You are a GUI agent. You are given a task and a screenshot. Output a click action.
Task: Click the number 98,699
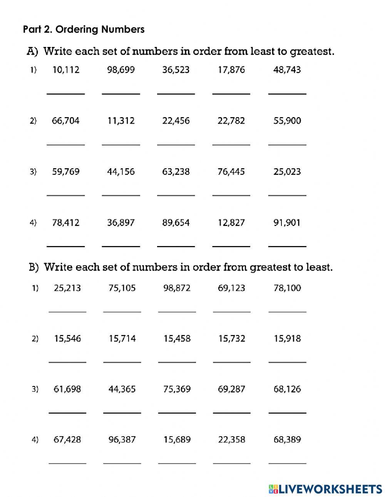click(x=121, y=70)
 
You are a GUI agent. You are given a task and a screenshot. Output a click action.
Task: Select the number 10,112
click(x=65, y=70)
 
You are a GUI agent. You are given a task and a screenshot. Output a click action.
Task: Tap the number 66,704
click(x=65, y=121)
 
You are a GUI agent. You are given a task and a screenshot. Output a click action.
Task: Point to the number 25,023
click(x=287, y=172)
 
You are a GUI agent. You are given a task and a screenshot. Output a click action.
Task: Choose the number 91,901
click(x=287, y=223)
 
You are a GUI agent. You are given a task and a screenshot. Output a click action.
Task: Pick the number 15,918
click(x=287, y=339)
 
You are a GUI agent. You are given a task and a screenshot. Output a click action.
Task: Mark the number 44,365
click(x=122, y=389)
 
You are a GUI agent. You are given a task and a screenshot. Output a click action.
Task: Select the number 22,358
click(x=231, y=440)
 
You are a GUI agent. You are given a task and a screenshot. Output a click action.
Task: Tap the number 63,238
click(x=176, y=172)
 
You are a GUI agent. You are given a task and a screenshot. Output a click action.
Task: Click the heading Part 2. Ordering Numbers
click(x=84, y=29)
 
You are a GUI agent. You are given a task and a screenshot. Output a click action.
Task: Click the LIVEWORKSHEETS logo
click(x=325, y=489)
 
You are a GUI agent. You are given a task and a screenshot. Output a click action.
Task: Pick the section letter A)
click(x=32, y=52)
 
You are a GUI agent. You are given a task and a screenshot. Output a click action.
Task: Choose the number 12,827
click(x=231, y=223)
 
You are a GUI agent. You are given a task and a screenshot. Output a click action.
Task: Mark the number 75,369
click(x=177, y=389)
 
